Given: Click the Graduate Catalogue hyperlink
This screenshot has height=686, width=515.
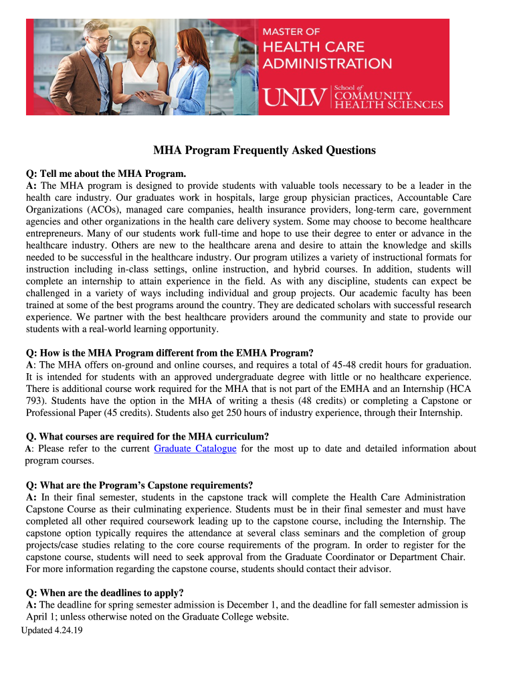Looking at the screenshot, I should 195,449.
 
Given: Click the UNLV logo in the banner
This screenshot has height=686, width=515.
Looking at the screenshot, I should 296,98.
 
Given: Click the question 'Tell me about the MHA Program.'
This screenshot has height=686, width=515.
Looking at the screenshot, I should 105,173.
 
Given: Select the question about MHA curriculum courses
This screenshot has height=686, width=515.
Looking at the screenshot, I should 147,437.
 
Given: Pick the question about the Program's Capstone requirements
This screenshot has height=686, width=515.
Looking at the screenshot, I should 140,485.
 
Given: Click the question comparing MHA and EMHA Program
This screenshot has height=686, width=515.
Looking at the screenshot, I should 170,352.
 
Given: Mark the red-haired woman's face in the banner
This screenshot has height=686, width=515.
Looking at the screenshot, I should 185,40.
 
